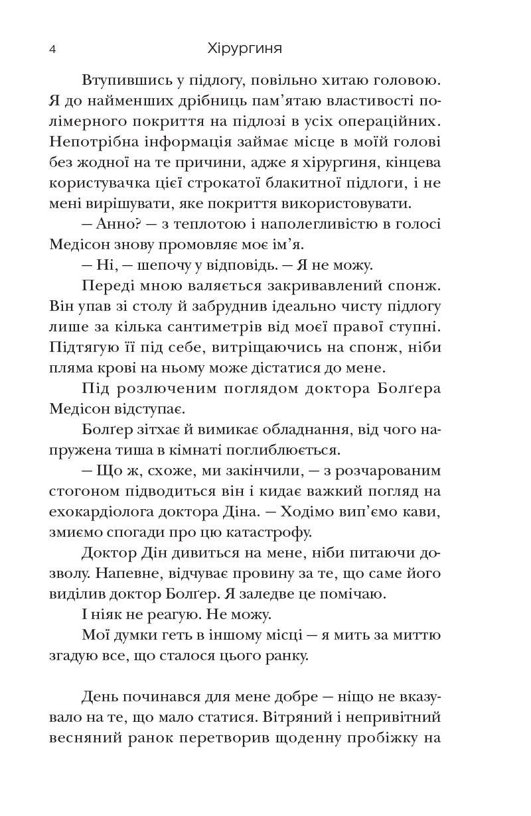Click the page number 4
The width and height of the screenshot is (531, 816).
(x=52, y=49)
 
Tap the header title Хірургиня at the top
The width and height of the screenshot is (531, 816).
(x=245, y=48)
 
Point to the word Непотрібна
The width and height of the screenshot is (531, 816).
(x=90, y=143)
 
